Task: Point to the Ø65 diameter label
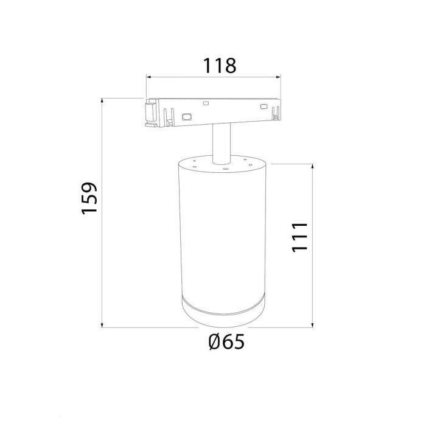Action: [x=226, y=343]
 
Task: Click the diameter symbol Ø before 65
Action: [x=214, y=343]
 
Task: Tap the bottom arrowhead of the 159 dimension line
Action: [x=102, y=325]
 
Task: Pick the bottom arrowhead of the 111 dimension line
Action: [x=313, y=325]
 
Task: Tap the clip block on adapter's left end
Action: [x=148, y=114]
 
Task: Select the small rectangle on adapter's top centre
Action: [x=206, y=103]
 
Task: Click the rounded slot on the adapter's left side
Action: [x=187, y=116]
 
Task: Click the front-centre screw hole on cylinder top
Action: [x=225, y=169]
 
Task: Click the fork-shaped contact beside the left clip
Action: [x=169, y=117]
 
